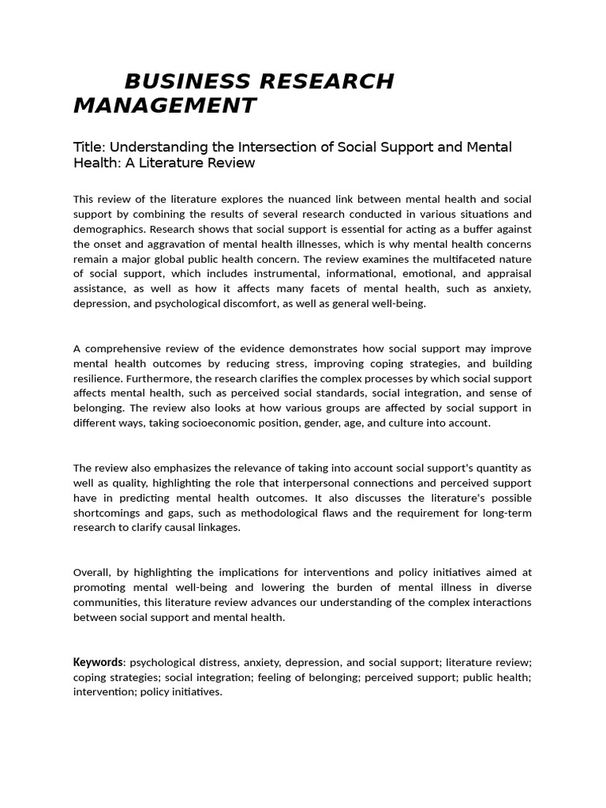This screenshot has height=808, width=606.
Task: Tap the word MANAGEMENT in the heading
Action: [x=165, y=105]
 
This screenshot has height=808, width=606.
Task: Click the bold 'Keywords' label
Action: [x=99, y=662]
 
